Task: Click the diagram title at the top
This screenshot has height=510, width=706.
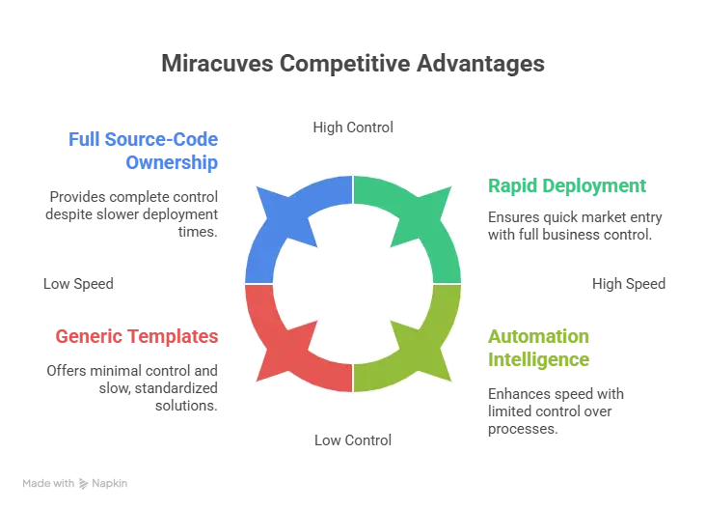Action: (x=353, y=65)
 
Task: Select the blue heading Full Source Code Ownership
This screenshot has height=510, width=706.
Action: (x=145, y=150)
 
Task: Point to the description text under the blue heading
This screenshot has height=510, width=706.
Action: (x=134, y=210)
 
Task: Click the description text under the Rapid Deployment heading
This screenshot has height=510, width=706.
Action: (x=574, y=221)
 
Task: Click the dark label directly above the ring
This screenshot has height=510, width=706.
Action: (x=352, y=127)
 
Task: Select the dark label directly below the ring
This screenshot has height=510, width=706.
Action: (x=352, y=440)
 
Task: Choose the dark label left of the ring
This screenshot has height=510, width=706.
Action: (x=77, y=284)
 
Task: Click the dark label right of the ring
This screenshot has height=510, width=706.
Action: (x=628, y=284)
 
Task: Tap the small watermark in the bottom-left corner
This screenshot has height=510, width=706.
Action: (x=76, y=480)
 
